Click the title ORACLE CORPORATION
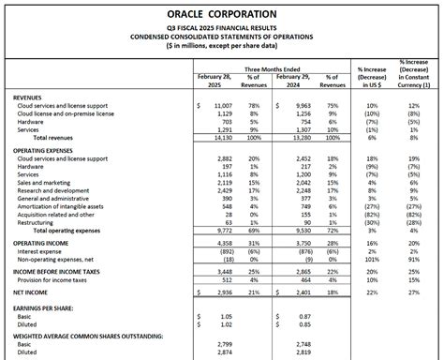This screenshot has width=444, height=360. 222,16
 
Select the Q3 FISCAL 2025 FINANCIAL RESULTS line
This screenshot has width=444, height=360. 222,28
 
